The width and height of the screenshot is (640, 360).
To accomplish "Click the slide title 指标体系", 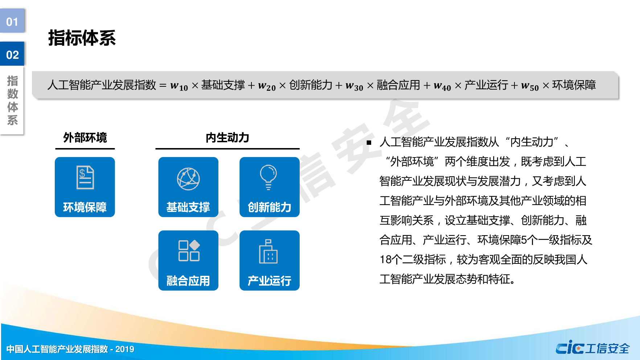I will click(82, 38).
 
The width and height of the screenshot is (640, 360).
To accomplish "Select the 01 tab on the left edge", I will click(12, 21).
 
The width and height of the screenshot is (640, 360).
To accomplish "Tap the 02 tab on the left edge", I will click(12, 55).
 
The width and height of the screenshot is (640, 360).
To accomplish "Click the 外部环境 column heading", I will click(85, 138).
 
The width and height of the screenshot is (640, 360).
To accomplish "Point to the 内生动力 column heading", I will click(227, 138).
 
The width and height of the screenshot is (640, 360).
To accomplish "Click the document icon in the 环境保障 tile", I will click(85, 177).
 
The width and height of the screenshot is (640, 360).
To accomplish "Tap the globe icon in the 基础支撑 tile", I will click(188, 179).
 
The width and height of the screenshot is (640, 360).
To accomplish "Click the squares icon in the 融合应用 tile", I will click(189, 250).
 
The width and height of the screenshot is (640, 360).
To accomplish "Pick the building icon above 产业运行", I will click(268, 251).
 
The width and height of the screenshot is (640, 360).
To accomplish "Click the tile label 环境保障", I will click(85, 207).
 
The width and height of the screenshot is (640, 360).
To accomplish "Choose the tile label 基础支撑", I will click(188, 207).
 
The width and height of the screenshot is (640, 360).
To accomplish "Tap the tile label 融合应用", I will click(188, 281).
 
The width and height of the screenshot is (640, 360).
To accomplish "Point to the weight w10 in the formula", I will click(179, 86).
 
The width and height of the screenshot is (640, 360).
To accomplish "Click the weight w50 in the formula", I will click(530, 86).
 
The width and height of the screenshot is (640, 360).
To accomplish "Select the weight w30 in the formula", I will click(354, 86).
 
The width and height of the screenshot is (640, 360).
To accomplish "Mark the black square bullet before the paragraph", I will click(369, 143).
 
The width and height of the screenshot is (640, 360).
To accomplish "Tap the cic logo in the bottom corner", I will click(570, 348).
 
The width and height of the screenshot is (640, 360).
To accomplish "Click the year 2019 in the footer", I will click(124, 349).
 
